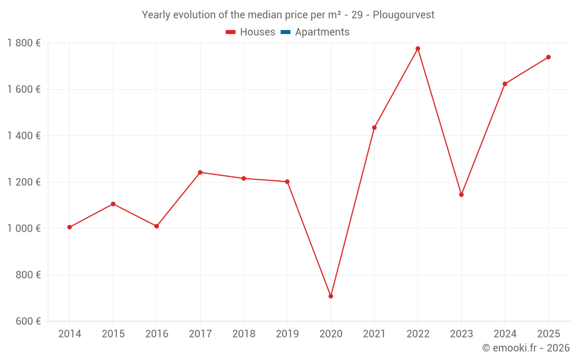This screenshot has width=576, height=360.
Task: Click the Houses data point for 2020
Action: [x=331, y=296]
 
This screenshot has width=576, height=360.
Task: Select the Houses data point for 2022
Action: [x=418, y=48]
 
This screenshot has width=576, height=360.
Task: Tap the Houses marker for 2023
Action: [x=461, y=195]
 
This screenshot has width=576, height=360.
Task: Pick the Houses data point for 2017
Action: [x=200, y=172]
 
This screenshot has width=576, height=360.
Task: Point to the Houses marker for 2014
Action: [x=70, y=227]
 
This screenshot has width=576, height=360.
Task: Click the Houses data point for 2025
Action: [x=548, y=57]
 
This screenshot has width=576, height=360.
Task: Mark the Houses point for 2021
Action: [x=374, y=128]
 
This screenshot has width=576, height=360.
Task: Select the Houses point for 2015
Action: [x=113, y=204]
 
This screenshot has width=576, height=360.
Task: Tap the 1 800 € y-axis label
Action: [x=24, y=43]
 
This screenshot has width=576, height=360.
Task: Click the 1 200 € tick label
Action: [x=24, y=182]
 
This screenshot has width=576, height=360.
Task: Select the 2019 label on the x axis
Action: [x=287, y=334]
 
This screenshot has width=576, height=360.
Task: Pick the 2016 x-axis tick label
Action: [x=157, y=334]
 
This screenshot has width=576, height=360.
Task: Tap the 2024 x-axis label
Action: [x=505, y=334]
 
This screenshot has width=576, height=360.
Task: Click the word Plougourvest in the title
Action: [x=403, y=14]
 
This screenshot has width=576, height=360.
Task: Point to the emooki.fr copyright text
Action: [x=525, y=348]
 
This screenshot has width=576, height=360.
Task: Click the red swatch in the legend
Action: [x=230, y=32]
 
